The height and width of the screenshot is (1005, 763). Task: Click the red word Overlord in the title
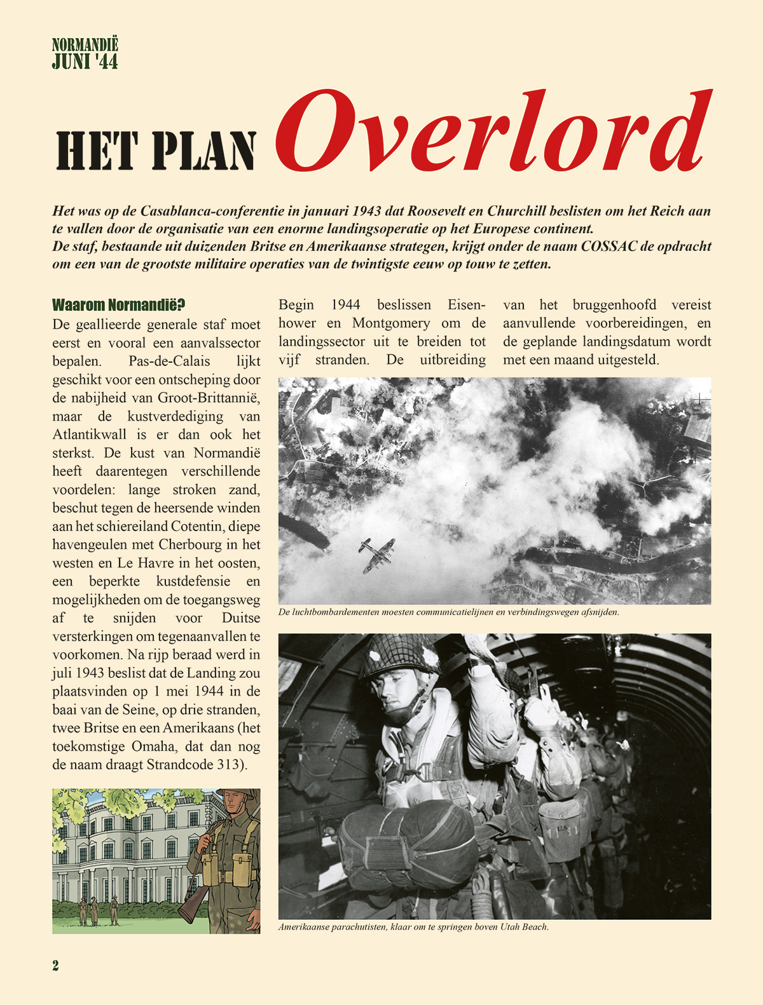493,132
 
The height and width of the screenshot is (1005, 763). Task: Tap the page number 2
56,966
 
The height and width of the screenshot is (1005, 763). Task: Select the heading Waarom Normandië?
119,304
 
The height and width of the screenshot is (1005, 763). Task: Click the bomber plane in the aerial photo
376,554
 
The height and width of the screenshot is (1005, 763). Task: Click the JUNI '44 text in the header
85,62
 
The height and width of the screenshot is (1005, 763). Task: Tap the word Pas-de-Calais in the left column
169,361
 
